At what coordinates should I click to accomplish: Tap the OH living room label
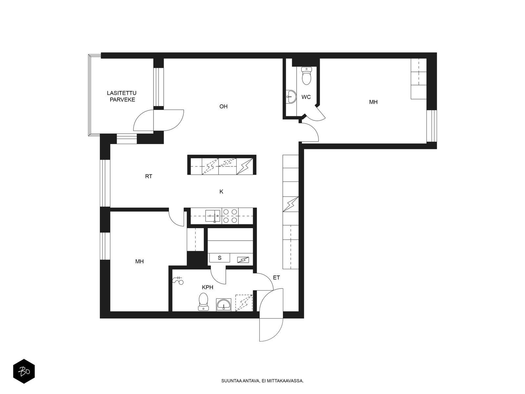click(223, 106)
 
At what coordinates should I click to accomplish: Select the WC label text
click(306, 97)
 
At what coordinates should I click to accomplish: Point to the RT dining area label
click(149, 176)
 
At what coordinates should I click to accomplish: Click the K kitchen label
click(221, 191)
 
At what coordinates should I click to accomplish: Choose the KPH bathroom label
click(207, 287)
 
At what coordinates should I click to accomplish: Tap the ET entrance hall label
click(276, 277)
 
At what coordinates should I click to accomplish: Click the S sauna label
click(220, 258)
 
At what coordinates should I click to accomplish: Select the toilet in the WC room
click(306, 76)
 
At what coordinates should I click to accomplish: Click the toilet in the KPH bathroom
click(203, 301)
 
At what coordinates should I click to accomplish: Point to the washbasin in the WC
click(291, 97)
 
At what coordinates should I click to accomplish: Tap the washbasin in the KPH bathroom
click(224, 305)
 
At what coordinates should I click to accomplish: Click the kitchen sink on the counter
click(213, 216)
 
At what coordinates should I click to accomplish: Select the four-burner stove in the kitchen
click(230, 216)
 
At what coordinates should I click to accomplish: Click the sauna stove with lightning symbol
click(243, 260)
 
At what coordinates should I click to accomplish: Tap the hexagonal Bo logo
click(24, 371)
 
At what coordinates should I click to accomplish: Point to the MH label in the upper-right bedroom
click(373, 102)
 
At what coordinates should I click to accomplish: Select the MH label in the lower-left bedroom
click(139, 261)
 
